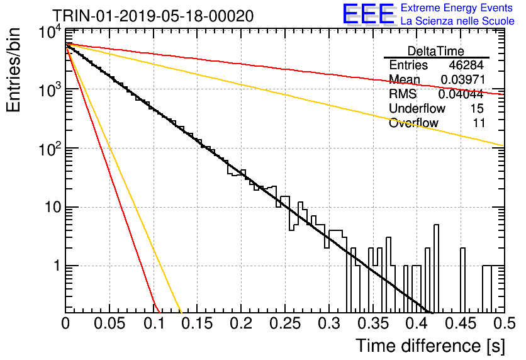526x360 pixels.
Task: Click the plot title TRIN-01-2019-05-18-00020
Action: coord(153,16)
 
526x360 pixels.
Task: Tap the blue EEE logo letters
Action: coord(369,14)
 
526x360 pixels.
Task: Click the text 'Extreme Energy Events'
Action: coord(457,8)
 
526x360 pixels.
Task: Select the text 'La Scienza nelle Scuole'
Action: coord(457,21)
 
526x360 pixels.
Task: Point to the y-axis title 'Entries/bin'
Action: coord(13,70)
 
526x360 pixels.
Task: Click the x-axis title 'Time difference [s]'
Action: coord(430,346)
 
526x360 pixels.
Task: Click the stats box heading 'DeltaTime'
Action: coord(436,51)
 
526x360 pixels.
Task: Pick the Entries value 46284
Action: coord(466,65)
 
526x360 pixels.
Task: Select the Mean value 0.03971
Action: coord(462,79)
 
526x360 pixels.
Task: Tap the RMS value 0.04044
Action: coord(461,94)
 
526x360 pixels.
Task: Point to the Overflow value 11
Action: coord(479,123)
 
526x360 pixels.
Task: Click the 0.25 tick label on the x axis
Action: coord(285,323)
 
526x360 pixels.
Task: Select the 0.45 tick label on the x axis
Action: coord(461,323)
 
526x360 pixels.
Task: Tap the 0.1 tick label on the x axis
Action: coord(154,323)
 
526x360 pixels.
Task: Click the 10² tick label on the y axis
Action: coord(49,149)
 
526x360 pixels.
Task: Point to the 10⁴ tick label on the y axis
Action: coord(49,33)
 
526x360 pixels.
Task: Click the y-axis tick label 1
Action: coord(57,266)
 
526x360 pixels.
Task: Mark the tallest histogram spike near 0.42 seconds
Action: coord(436,268)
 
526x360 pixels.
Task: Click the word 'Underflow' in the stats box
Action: coord(417,108)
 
